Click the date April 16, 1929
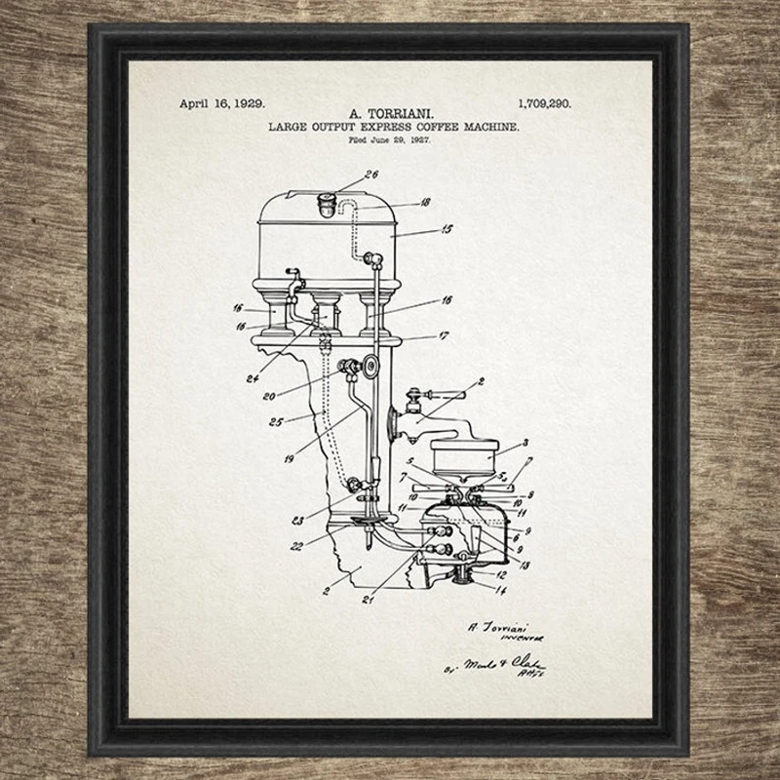coord(222,102)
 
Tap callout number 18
coord(425,203)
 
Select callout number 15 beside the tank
coord(447,230)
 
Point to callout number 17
coord(443,335)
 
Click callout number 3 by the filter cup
coord(525,443)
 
